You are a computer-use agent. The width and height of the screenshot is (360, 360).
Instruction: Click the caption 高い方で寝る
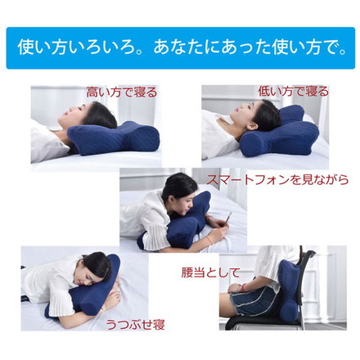pos(122,92)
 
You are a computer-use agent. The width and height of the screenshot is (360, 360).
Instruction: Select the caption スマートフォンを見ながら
pos(271,179)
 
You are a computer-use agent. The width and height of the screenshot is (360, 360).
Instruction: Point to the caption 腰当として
pos(211,272)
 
